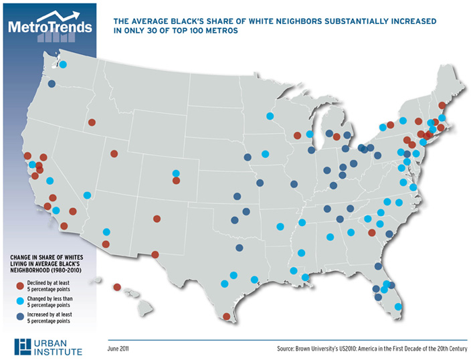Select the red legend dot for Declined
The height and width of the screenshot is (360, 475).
click(x=20, y=286)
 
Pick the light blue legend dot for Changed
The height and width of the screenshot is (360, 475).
click(x=20, y=302)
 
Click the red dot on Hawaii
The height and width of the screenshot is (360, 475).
click(x=117, y=287)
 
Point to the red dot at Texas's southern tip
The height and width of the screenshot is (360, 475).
click(x=226, y=317)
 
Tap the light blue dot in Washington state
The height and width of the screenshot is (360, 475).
click(x=64, y=65)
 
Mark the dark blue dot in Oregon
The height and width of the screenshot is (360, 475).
click(x=52, y=84)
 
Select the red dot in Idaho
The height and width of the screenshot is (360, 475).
click(x=92, y=122)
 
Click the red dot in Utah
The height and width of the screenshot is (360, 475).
click(x=114, y=153)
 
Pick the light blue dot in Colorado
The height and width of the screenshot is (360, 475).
click(x=176, y=173)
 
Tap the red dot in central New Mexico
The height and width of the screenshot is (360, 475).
click(x=157, y=218)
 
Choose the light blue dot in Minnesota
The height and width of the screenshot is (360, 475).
click(x=270, y=115)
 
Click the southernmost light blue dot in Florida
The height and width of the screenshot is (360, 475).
click(x=398, y=306)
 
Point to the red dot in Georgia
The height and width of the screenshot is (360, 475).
click(x=371, y=232)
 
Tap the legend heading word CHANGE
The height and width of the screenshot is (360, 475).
click(x=21, y=257)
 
